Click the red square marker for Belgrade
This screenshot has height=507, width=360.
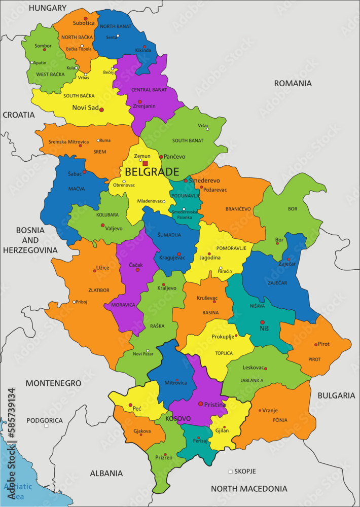[145, 163]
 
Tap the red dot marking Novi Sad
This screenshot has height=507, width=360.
[101, 110]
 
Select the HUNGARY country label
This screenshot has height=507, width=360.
[48, 8]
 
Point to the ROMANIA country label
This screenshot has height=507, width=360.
[293, 83]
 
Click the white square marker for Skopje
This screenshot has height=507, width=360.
[230, 472]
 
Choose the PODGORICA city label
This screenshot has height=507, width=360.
[45, 420]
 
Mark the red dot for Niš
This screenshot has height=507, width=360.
[262, 322]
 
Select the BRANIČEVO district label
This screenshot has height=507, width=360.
[238, 209]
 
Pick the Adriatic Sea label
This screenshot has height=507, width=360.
[17, 491]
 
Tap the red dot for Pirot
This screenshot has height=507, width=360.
[316, 344]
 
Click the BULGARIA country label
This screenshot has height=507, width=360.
[336, 395]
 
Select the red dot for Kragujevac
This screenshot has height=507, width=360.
[178, 254]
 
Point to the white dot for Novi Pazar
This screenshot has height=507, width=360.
[148, 350]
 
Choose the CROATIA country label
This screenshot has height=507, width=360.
[19, 115]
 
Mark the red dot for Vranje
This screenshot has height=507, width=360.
[260, 410]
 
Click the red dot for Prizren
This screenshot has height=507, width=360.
[165, 454]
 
